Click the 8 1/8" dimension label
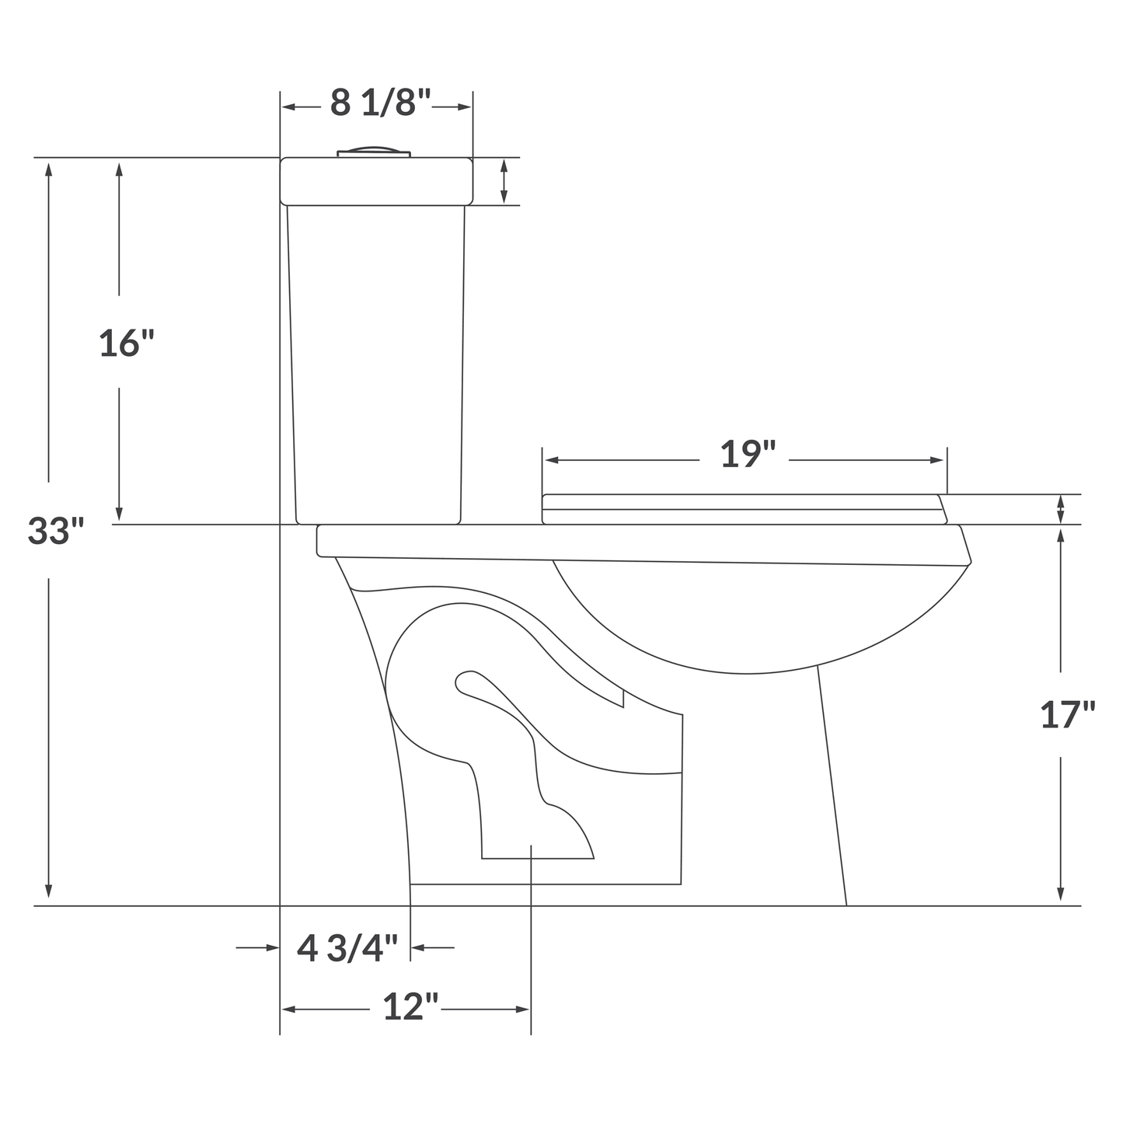pos(380,103)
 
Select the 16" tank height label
pos(127,343)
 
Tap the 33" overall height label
pos(56,531)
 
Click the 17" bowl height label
pos(1068,715)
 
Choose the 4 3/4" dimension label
pos(347,948)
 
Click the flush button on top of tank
pos(374,152)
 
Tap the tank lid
pos(376,182)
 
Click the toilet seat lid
pos(742,502)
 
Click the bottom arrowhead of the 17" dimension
pos(1061,896)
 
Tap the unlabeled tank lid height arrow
pos(504,182)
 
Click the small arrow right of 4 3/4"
pos(417,947)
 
